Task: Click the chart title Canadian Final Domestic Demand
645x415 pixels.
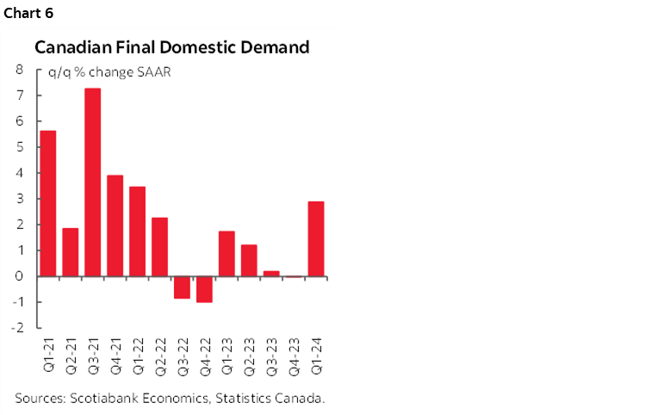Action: coord(171,48)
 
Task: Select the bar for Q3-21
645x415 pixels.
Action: coord(92,183)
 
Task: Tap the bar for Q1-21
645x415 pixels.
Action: coord(48,203)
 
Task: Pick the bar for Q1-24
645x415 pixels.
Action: coord(316,238)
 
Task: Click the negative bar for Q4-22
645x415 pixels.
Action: coord(204,289)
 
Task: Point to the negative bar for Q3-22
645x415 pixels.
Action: coord(182,287)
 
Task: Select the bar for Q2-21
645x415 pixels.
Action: coord(71,252)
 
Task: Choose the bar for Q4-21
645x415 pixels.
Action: coord(115,226)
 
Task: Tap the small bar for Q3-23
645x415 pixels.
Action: coord(271,274)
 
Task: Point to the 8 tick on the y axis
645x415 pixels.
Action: coord(18,70)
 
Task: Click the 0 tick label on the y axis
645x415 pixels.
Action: coord(18,276)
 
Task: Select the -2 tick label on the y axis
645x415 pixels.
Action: coord(16,328)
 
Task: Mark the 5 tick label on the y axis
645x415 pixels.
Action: coord(18,147)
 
